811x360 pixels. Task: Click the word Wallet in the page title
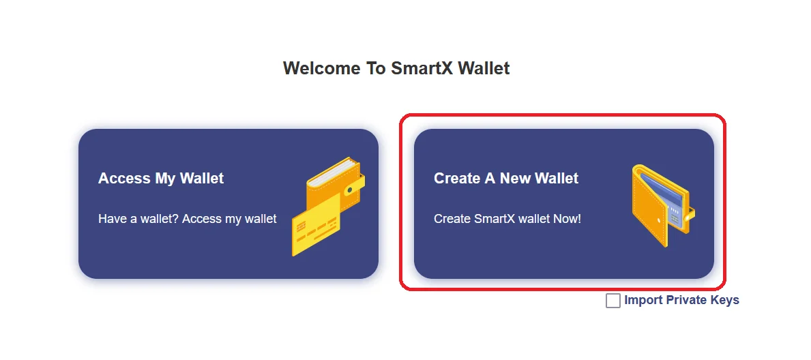pos(484,68)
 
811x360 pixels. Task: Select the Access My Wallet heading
pos(161,179)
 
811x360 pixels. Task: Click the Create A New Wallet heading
pos(506,179)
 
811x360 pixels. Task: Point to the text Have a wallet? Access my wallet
pos(188,219)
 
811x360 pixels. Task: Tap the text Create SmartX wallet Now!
pos(507,219)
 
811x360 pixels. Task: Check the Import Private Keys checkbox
pos(613,301)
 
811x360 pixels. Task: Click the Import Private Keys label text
pos(681,300)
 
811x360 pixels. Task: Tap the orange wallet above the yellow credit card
pos(336,181)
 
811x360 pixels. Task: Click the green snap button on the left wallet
pos(350,190)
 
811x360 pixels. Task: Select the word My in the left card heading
pos(166,179)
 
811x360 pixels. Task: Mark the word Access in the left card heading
pos(125,179)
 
